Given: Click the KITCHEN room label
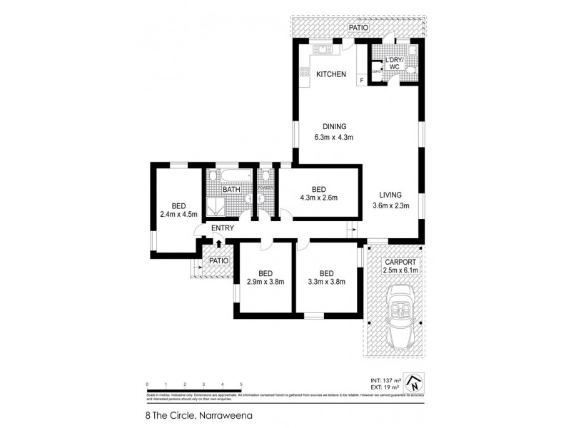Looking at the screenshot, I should (x=331, y=74).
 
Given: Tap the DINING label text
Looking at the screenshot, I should (x=334, y=126).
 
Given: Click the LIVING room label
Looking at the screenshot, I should (x=390, y=195).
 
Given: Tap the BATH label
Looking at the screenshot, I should (x=231, y=190).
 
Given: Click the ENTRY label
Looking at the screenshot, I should (x=223, y=228).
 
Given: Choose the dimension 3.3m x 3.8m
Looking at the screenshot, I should (x=326, y=282).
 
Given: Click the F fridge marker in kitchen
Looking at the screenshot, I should (x=362, y=81).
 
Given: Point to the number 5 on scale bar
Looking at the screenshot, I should (x=241, y=384).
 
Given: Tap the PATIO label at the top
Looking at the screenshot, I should (x=358, y=27).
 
